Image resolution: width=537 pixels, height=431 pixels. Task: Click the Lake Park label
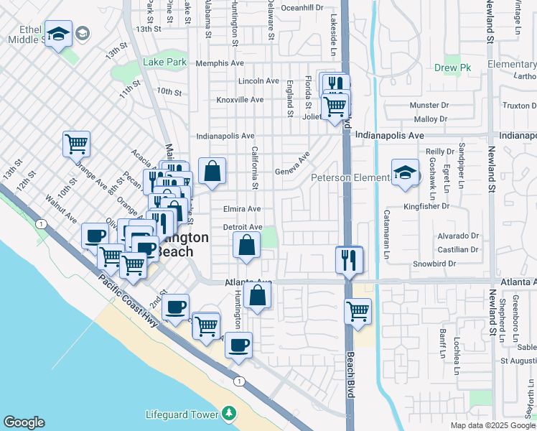point(164,62)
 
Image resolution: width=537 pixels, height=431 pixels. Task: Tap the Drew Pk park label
point(452,68)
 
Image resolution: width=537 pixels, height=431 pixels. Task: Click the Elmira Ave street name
point(242,209)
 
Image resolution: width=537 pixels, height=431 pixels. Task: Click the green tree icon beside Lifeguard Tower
point(229,413)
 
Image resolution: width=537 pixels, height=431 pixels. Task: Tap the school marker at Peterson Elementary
point(405,172)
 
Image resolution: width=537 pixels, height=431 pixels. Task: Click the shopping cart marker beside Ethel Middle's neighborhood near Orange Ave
point(76,143)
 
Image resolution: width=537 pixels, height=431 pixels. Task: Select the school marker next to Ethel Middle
point(58,32)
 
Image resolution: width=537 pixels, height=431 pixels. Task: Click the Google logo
point(24,422)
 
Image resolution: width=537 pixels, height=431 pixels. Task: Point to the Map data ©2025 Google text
point(492,425)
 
